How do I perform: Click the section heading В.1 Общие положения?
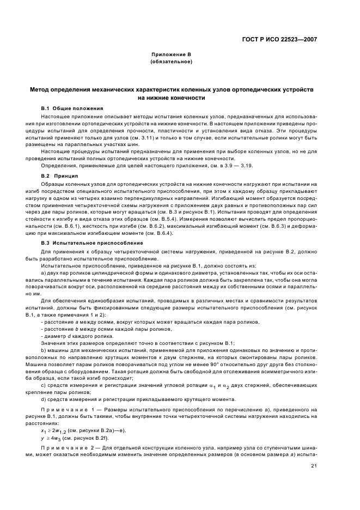[71, 108]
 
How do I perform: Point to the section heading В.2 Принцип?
[60, 176]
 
